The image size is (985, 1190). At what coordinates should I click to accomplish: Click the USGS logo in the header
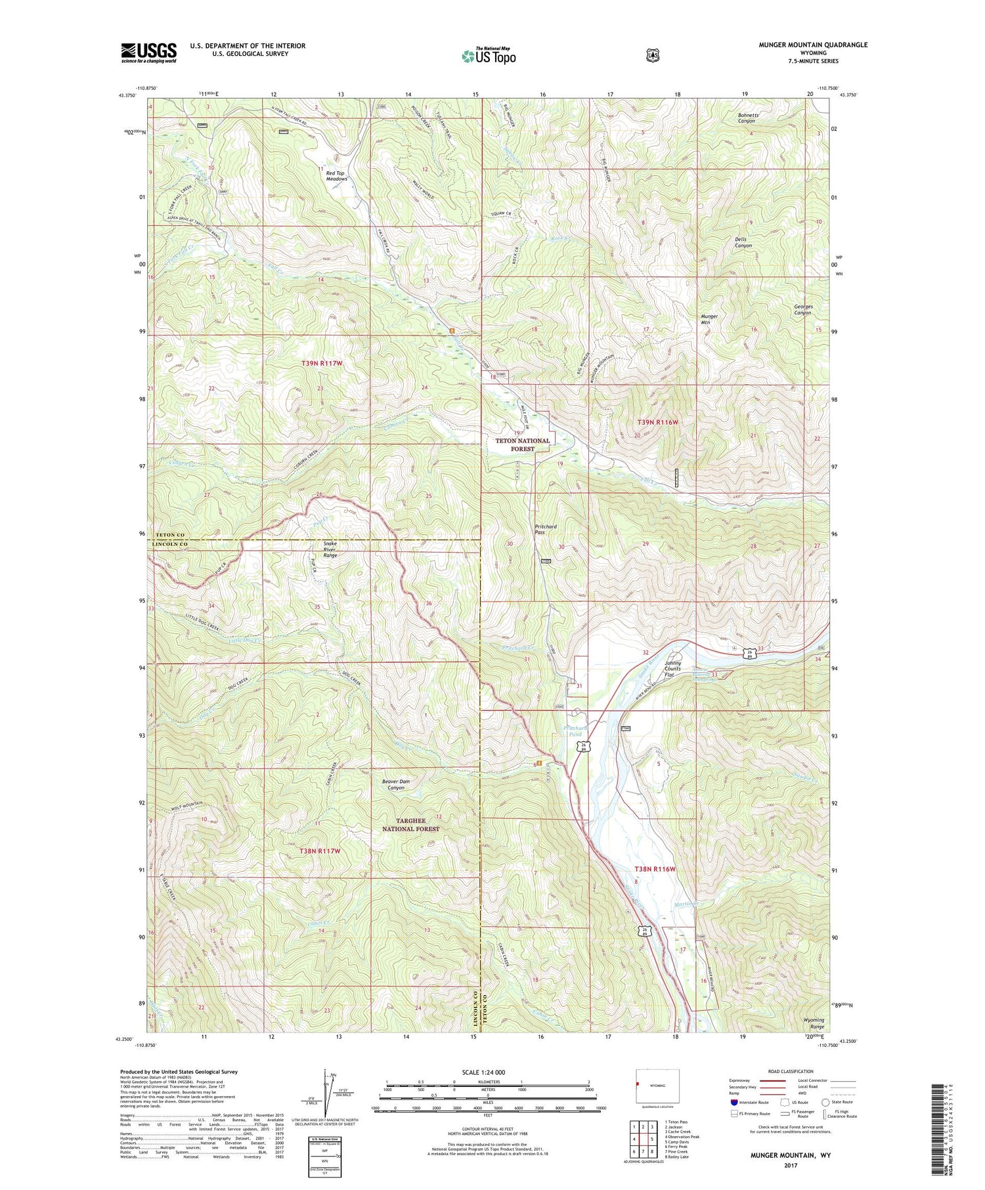[x=148, y=52]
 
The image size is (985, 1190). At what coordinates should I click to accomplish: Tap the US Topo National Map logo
[x=489, y=55]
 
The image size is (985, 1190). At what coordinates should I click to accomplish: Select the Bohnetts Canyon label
[x=748, y=118]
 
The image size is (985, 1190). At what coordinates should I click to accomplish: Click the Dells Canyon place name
[x=743, y=242]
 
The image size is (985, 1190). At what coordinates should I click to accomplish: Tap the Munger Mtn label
[x=709, y=319]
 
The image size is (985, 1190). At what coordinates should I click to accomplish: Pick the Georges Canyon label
[x=802, y=309]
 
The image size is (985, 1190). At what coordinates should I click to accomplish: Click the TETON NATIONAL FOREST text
[x=522, y=444]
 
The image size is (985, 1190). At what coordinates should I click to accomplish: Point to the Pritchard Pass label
[x=545, y=529]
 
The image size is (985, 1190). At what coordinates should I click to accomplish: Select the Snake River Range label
[x=330, y=549]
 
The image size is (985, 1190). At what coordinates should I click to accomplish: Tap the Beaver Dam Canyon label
[x=396, y=784]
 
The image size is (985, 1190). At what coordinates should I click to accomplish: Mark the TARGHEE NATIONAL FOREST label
[x=410, y=824]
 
